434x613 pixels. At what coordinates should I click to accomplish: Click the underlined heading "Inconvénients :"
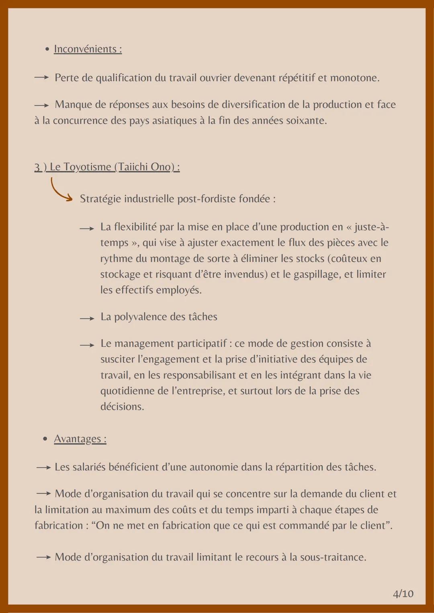[88, 49]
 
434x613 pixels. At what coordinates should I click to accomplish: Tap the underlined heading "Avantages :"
[80, 439]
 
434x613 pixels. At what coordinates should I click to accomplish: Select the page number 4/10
[403, 594]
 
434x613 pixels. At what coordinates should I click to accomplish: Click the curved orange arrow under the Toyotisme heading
[61, 190]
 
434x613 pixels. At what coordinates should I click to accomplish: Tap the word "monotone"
[354, 77]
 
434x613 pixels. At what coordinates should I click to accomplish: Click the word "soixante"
[306, 120]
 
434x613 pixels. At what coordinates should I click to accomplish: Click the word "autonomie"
[213, 467]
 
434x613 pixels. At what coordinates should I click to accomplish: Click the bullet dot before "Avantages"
[45, 439]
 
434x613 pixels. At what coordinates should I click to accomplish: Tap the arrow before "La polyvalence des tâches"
[87, 318]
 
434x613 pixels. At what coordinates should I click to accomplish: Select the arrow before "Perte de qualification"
[41, 77]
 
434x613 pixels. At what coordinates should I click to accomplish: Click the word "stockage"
[120, 274]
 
